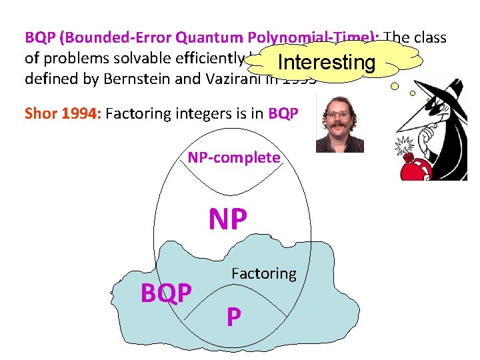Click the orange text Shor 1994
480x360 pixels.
point(62,113)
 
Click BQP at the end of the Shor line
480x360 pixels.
point(283,113)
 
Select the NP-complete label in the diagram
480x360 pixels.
point(233,157)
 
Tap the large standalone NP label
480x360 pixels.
point(228,219)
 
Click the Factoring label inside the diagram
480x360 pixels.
point(263,273)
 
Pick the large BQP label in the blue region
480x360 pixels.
point(167,293)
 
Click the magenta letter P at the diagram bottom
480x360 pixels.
point(233,317)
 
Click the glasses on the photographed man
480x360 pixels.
point(339,115)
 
